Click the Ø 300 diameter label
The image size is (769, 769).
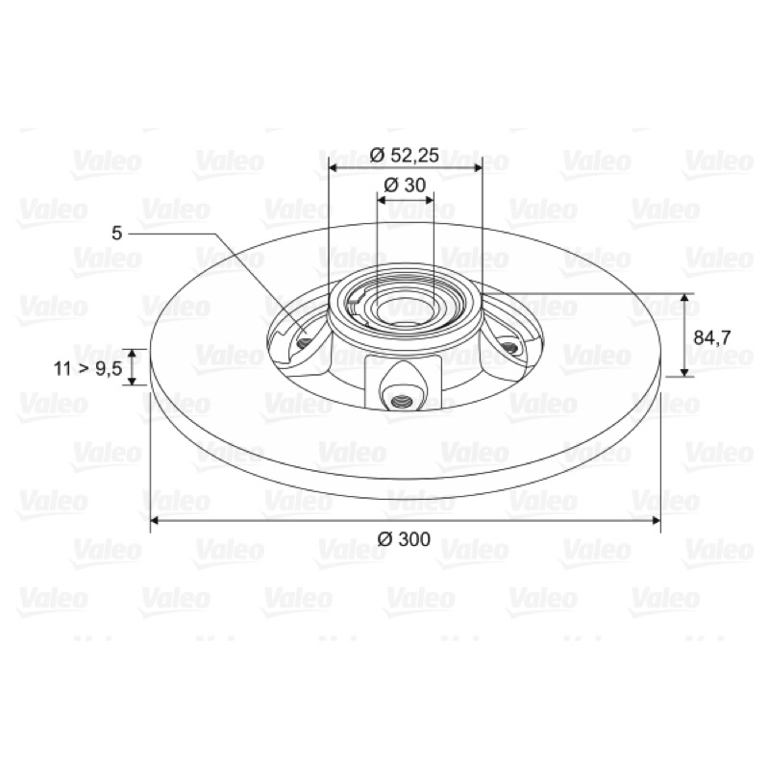tap(404, 539)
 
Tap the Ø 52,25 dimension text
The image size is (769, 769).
tap(405, 155)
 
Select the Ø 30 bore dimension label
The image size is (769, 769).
tap(405, 186)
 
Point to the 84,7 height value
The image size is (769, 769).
tap(712, 337)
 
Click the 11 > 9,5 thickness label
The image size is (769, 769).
tap(87, 368)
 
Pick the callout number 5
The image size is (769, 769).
tap(116, 234)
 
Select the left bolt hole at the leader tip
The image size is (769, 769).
tap(304, 342)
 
